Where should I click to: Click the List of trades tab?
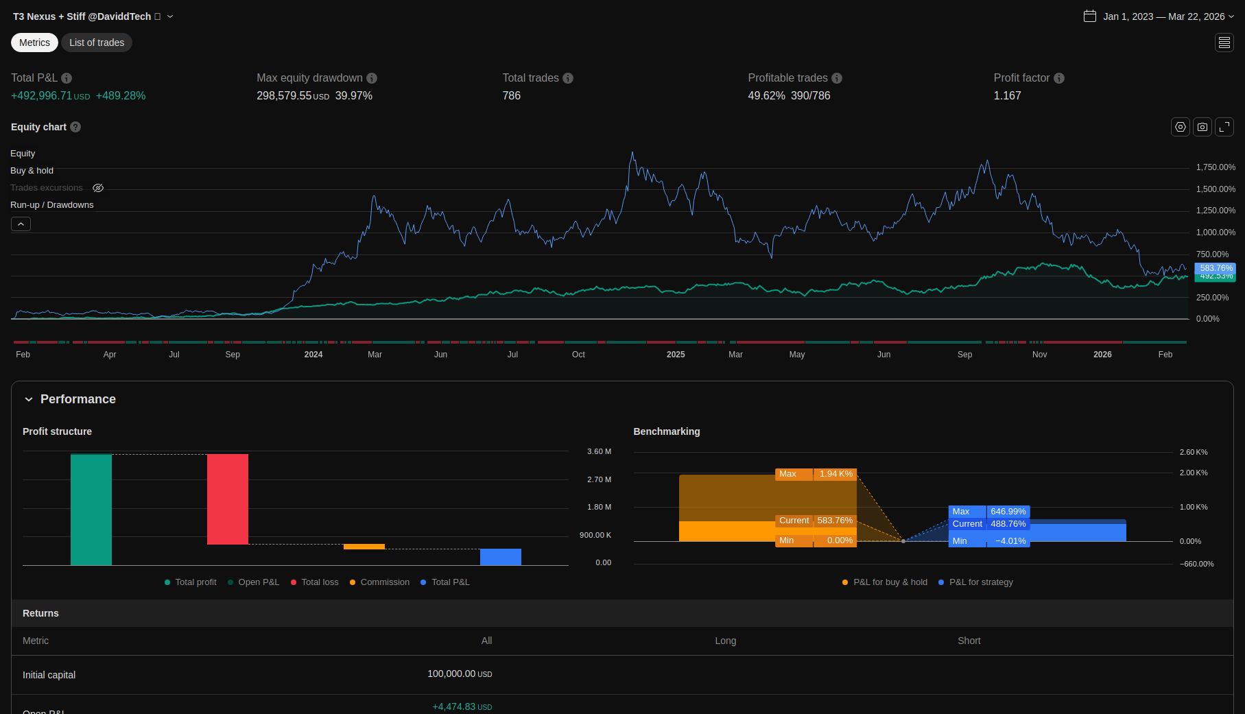click(97, 43)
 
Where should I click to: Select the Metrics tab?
click(34, 43)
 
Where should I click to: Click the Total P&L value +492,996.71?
click(41, 96)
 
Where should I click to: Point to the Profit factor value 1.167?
click(1007, 96)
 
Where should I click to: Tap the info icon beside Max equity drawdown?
click(372, 78)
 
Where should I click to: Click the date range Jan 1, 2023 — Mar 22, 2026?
click(1163, 16)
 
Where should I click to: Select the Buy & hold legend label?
click(32, 171)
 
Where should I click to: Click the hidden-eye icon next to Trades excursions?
click(98, 188)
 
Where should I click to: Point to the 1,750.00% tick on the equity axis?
click(1216, 167)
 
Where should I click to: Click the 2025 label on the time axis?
click(676, 355)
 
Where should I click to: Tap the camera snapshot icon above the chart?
click(1202, 127)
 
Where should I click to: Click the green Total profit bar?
click(91, 510)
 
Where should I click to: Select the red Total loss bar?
click(228, 499)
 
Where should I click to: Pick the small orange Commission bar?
click(364, 547)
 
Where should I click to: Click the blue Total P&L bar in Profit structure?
click(501, 557)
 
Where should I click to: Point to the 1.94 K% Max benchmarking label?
click(835, 474)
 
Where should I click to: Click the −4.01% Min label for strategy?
click(1010, 541)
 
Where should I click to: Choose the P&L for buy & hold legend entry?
click(890, 582)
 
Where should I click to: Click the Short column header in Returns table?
click(969, 641)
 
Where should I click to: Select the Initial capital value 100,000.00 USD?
click(460, 674)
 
